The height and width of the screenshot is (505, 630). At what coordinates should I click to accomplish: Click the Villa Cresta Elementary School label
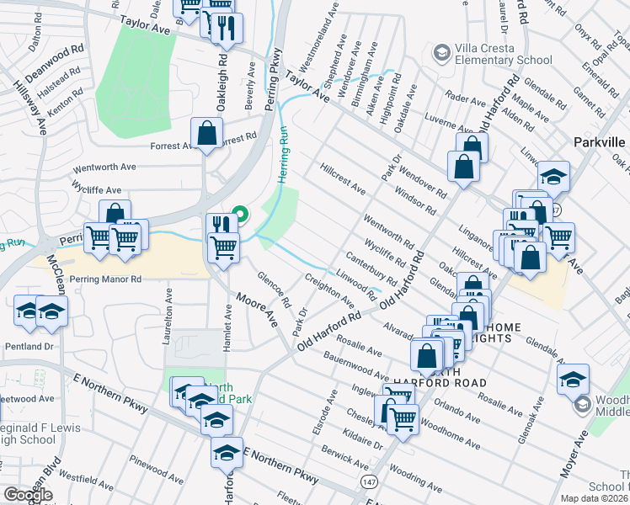point(503,54)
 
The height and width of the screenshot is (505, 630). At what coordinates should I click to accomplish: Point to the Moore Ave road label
point(257,309)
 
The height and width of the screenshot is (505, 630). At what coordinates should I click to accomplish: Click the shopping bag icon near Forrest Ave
point(206,133)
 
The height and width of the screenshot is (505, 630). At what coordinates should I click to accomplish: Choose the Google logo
point(28,495)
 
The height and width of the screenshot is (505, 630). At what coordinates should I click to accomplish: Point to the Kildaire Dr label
point(364,437)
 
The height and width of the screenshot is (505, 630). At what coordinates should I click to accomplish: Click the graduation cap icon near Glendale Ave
point(573,379)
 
